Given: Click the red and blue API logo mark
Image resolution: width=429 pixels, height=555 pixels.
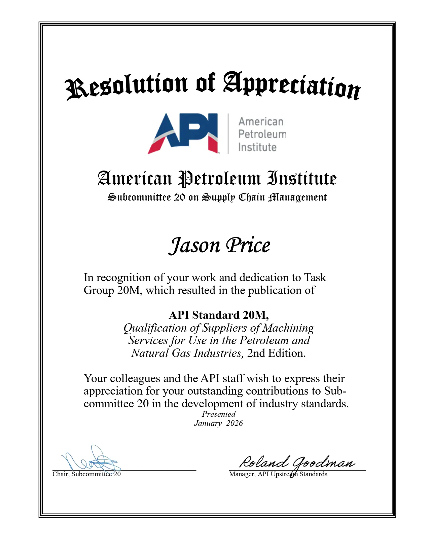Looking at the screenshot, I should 183,134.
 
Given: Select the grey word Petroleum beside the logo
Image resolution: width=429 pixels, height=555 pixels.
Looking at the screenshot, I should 262,134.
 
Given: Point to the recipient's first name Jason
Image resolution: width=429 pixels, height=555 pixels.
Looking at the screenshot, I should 194,246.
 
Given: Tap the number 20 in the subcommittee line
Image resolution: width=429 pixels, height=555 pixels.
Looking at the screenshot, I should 179,197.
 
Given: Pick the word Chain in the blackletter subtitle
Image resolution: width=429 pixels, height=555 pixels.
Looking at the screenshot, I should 252,197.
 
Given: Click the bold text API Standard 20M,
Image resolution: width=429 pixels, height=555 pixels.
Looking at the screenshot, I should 219,315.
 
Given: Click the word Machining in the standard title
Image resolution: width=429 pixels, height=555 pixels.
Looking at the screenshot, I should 288,328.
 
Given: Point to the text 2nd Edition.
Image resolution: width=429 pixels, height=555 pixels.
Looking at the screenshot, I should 276,353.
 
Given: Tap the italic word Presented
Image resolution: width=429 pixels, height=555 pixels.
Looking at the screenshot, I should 219,414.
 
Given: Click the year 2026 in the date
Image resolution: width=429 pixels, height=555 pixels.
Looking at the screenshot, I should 234,423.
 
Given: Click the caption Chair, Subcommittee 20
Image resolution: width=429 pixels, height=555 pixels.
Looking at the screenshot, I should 86,474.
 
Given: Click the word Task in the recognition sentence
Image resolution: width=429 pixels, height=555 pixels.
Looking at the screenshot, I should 315,277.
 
